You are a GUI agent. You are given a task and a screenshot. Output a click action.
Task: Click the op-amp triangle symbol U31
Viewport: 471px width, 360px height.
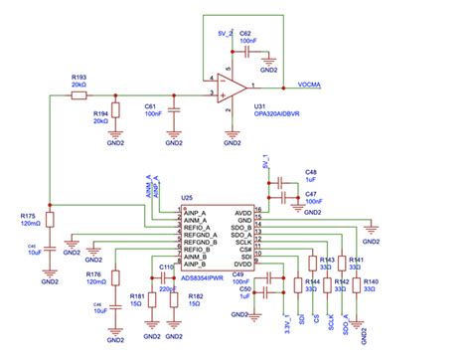coord(234,88)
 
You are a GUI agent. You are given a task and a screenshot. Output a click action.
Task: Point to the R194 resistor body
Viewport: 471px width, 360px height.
coord(114,109)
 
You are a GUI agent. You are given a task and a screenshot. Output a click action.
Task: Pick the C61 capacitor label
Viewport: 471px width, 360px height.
coord(151,104)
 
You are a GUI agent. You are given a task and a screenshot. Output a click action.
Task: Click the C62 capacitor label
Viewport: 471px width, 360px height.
coord(245,33)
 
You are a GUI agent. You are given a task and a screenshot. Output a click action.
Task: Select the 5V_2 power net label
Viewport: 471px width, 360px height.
coord(225,33)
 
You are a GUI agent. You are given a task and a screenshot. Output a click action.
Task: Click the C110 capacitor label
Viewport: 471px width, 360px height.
coord(165,267)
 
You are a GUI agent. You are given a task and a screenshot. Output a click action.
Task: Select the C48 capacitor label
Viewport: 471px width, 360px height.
coord(311,171)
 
